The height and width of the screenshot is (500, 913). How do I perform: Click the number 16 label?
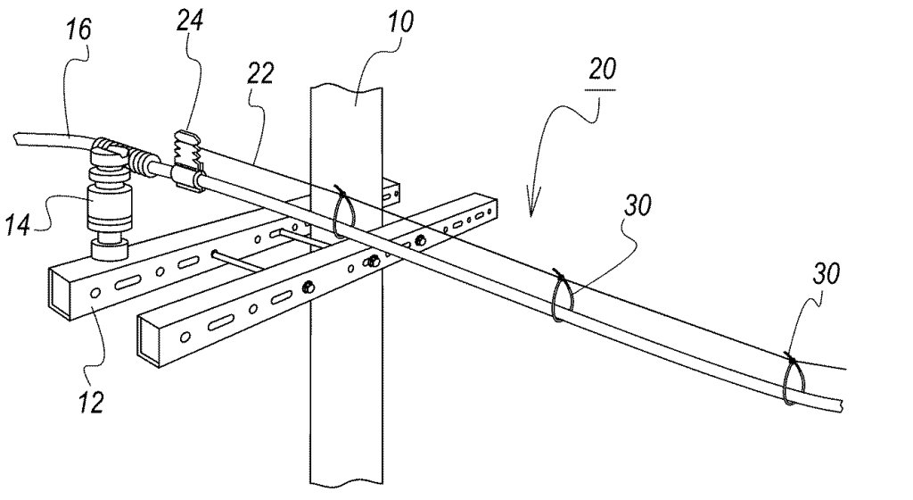[x=78, y=29]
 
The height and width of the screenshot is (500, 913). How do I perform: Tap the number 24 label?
[x=190, y=21]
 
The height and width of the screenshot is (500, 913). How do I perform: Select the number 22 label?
[x=259, y=73]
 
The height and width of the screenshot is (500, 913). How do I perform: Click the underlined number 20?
[x=602, y=69]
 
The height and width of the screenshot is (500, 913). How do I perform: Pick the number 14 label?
[x=18, y=224]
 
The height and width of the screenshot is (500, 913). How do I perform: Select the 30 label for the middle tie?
[x=637, y=205]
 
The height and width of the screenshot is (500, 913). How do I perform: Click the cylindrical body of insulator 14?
[x=109, y=207]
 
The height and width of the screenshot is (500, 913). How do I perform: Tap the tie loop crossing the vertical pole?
[x=342, y=212]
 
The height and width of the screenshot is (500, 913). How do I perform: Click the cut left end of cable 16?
[x=16, y=140]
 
